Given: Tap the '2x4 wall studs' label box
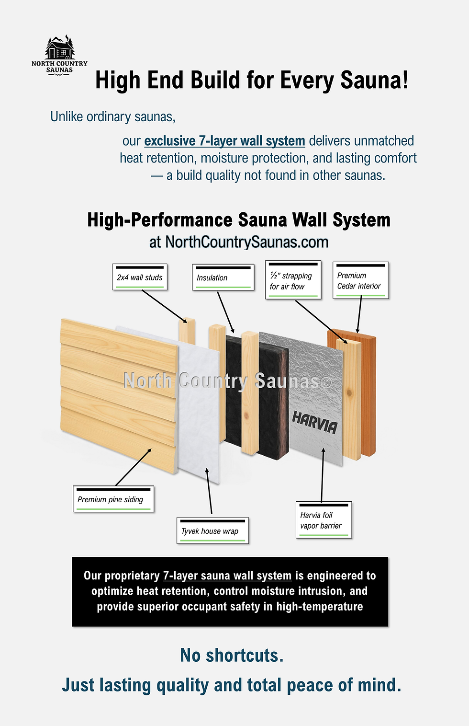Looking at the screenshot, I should (x=140, y=277).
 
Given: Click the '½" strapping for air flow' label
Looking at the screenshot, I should (x=293, y=281).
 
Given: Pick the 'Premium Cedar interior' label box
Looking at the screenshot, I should (x=360, y=281).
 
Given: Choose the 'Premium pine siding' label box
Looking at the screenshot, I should (x=113, y=499).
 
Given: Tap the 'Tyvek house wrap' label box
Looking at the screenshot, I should (x=212, y=531).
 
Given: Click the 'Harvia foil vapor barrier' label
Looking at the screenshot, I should (x=324, y=520).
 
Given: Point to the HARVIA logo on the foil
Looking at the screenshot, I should (x=315, y=422).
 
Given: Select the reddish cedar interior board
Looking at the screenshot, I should (x=369, y=393).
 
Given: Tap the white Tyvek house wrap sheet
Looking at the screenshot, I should (x=199, y=412).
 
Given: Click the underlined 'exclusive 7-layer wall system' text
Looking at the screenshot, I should (x=224, y=141).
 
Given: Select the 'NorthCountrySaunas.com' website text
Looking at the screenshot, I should (x=247, y=242).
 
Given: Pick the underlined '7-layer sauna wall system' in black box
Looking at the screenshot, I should (x=227, y=576).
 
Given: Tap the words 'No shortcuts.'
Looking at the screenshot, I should (x=232, y=655).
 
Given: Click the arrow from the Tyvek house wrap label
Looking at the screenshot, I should (x=209, y=491).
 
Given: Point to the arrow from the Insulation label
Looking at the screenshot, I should (x=225, y=312).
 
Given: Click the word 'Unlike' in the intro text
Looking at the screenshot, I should (x=67, y=116).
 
